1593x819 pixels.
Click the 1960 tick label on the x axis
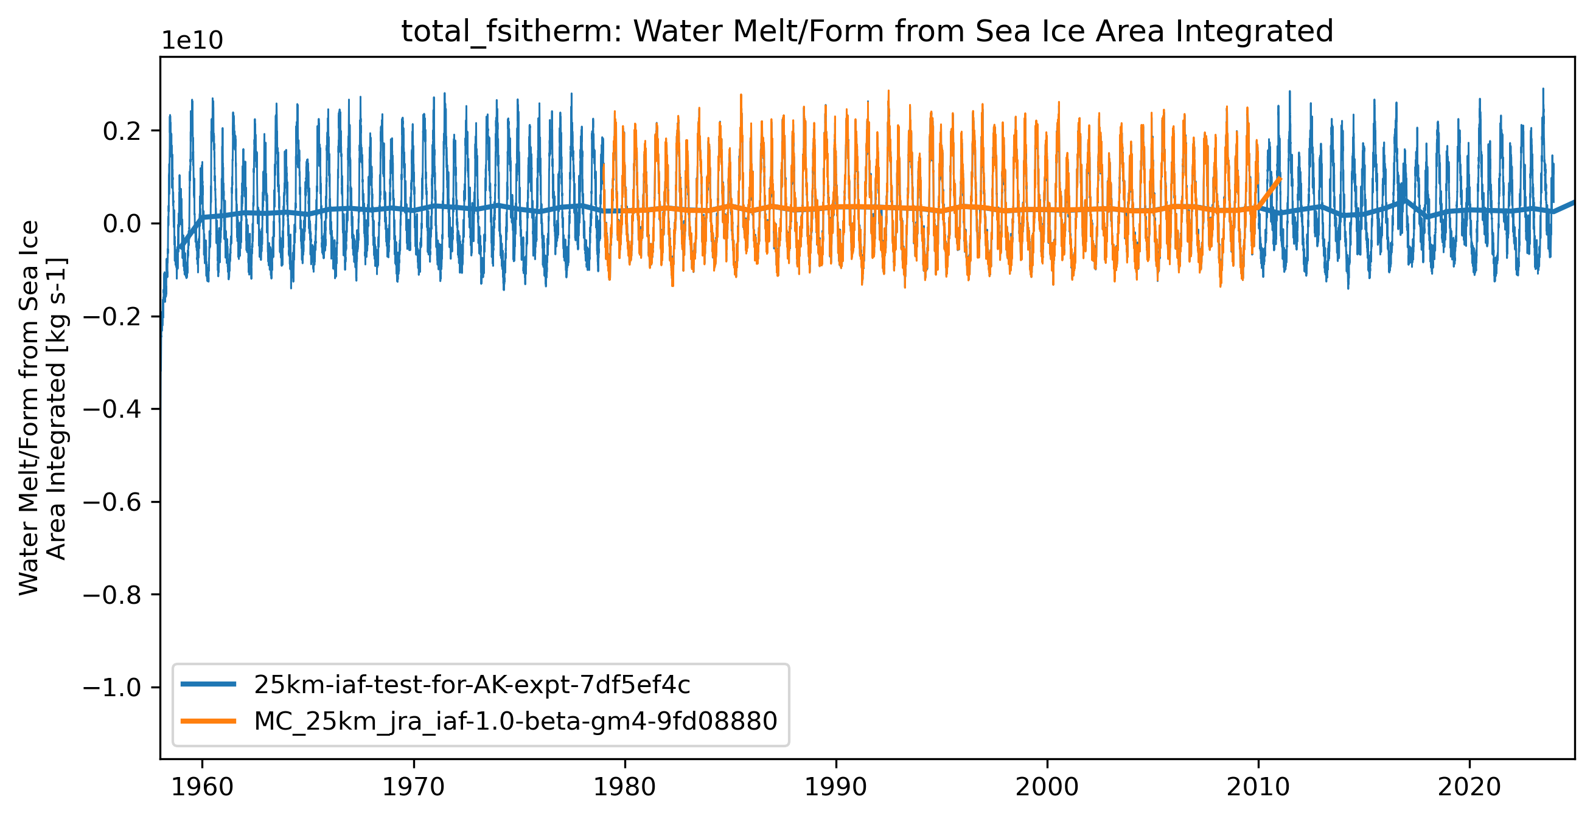pyautogui.click(x=201, y=787)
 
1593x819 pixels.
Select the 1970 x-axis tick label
pyautogui.click(x=413, y=787)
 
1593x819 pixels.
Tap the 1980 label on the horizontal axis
pyautogui.click(x=624, y=787)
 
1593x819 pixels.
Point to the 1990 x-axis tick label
pyautogui.click(x=836, y=787)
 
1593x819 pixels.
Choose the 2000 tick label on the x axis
pyautogui.click(x=1047, y=787)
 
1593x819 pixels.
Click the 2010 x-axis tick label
pyautogui.click(x=1258, y=787)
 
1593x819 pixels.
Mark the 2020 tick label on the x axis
pyautogui.click(x=1469, y=787)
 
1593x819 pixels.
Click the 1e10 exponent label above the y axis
pyautogui.click(x=192, y=41)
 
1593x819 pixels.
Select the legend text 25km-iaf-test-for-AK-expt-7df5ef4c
pyautogui.click(x=472, y=685)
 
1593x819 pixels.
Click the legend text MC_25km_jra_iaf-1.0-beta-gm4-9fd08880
pyautogui.click(x=515, y=721)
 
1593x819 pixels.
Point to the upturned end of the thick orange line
pyautogui.click(x=1280, y=179)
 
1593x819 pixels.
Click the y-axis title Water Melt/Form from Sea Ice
pyautogui.click(x=30, y=408)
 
